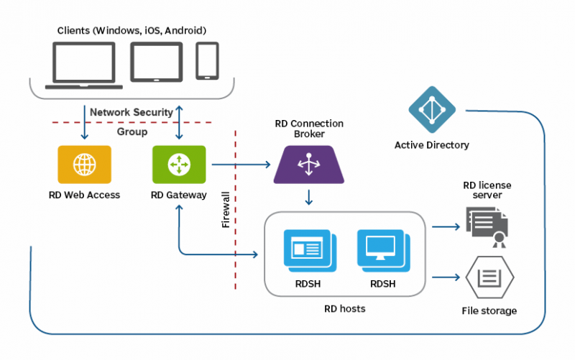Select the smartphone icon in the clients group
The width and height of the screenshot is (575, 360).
[207, 61]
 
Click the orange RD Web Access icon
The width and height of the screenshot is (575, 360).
[85, 165]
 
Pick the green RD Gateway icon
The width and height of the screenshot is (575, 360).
[179, 165]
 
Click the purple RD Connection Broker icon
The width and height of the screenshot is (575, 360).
[309, 165]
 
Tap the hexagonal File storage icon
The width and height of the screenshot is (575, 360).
[489, 277]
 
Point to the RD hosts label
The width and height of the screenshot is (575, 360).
[344, 309]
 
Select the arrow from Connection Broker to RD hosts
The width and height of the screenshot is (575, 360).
[309, 196]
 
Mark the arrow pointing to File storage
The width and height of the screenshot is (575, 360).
[446, 277]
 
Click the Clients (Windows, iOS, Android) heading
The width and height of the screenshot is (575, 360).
[132, 30]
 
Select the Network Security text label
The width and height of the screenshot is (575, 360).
[131, 112]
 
